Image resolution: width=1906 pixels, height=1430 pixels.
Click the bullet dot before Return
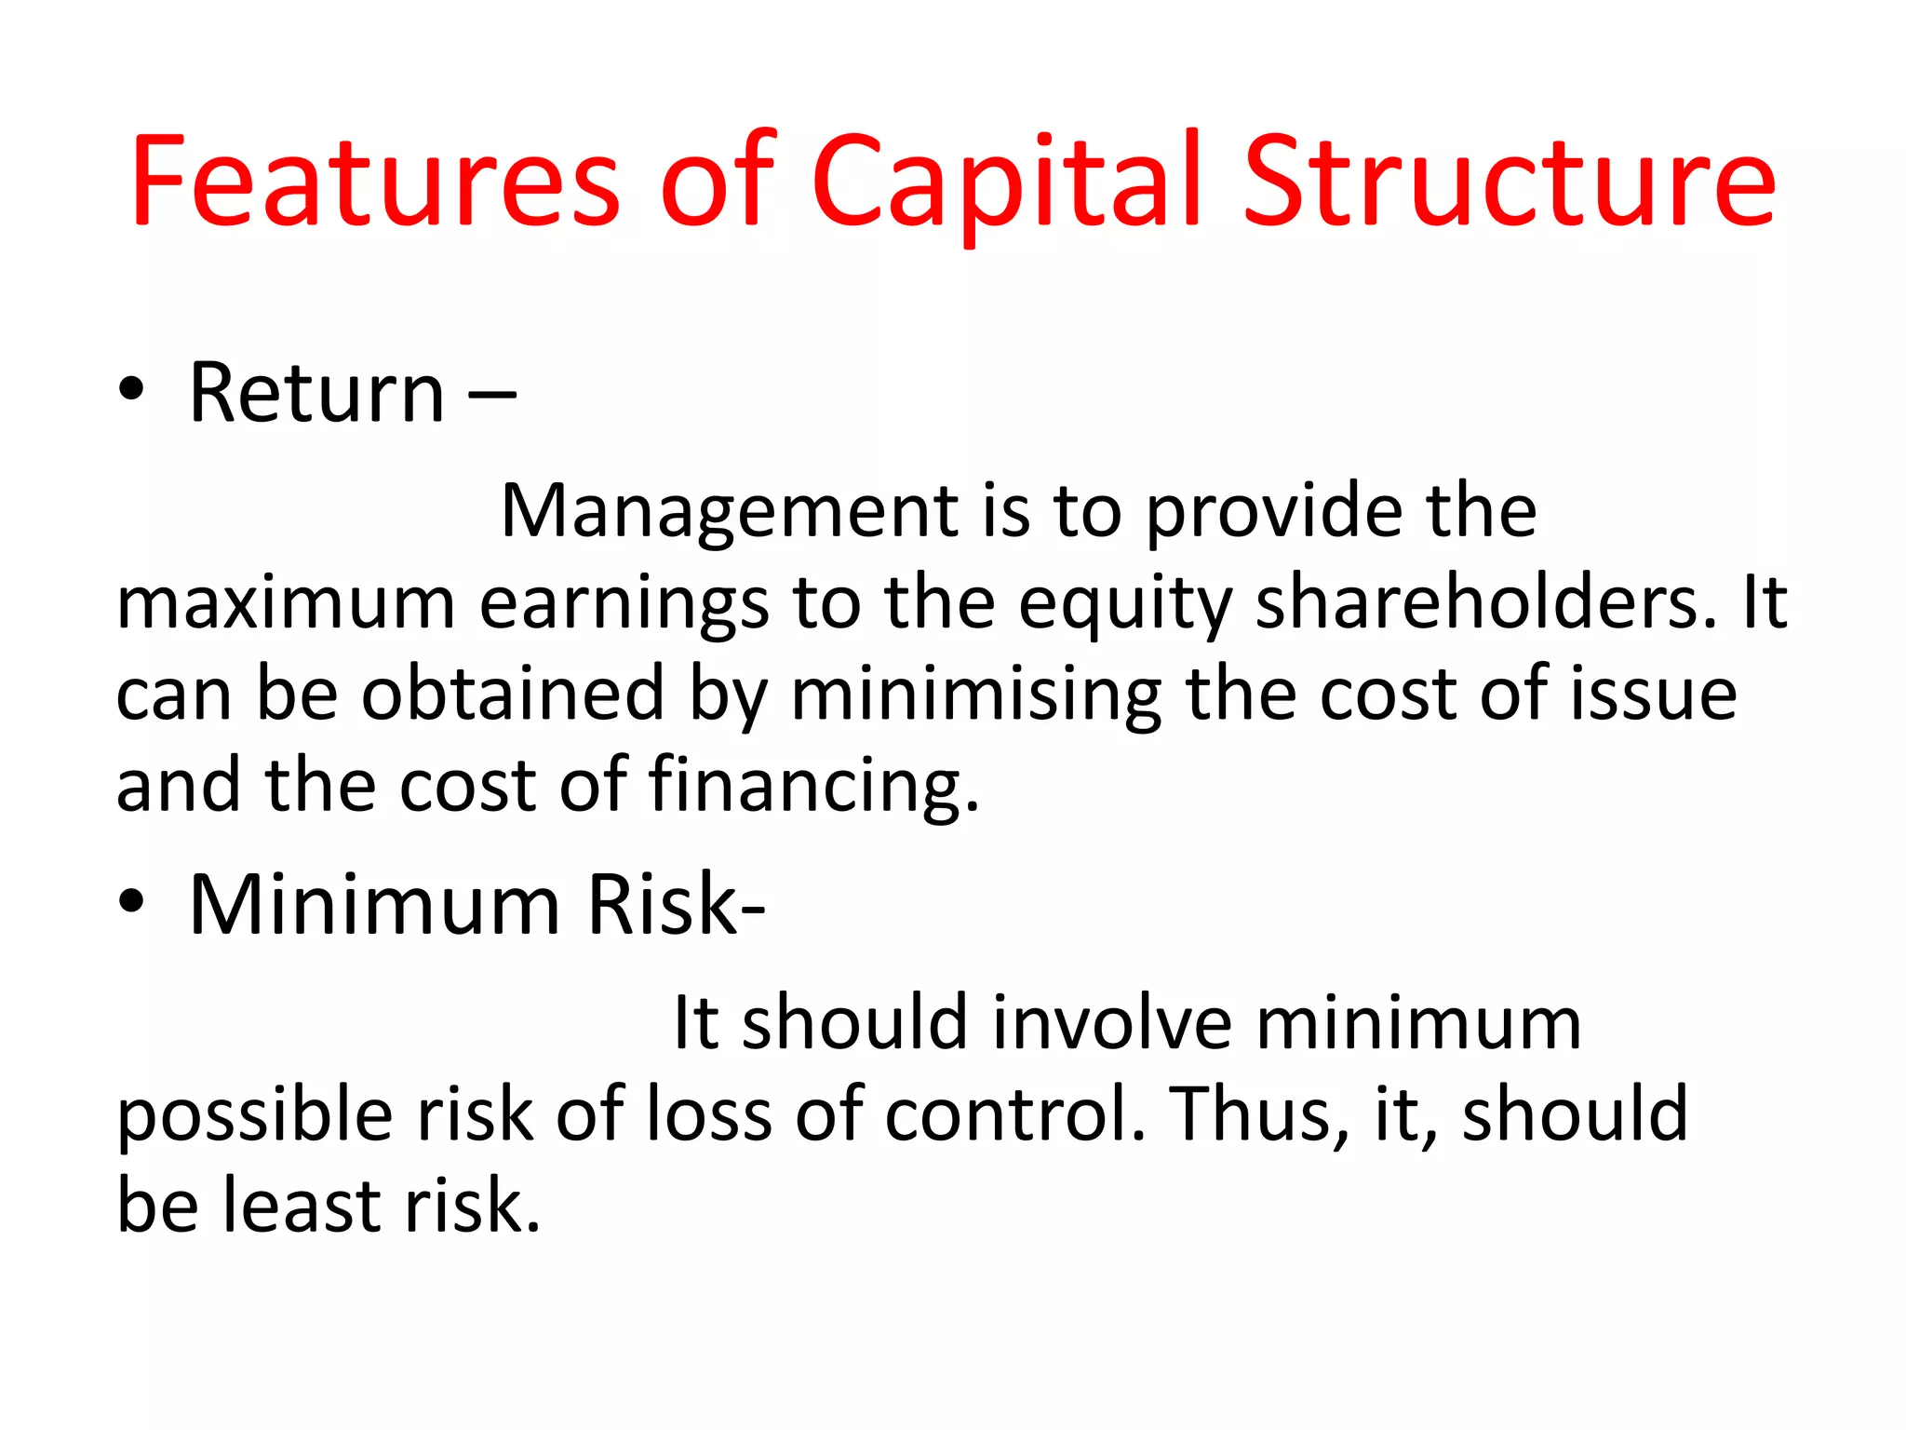[x=131, y=391]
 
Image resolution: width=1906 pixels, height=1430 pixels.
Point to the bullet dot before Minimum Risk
[x=131, y=902]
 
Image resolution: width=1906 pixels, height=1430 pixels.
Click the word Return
[x=316, y=393]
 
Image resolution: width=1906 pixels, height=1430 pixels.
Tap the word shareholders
[x=1485, y=603]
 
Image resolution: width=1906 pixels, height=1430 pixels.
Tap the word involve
[x=1113, y=1022]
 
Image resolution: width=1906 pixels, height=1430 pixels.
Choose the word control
[x=1014, y=1113]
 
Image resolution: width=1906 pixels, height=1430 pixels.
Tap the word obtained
[x=513, y=694]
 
